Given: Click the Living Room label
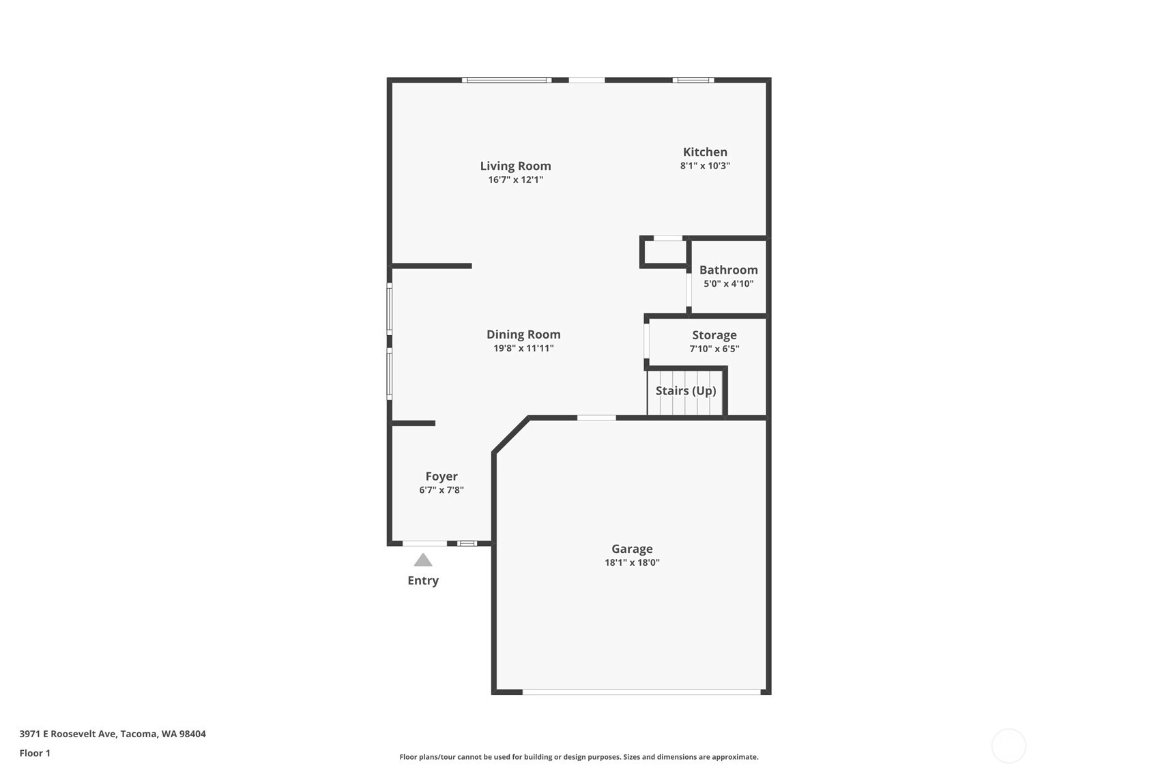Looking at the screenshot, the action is [x=515, y=166].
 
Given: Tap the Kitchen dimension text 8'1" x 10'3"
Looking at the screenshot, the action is [x=705, y=165].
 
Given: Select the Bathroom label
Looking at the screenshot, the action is [x=728, y=270].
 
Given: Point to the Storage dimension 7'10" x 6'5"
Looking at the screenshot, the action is [x=714, y=349].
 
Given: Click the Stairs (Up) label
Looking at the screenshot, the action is [x=686, y=391].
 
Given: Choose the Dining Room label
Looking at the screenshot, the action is [x=523, y=334].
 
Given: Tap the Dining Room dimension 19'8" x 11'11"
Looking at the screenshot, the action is [x=523, y=348].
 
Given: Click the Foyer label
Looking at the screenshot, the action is [x=442, y=476].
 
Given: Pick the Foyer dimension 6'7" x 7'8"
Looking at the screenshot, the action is [x=442, y=489].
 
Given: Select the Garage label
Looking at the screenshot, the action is [x=632, y=549].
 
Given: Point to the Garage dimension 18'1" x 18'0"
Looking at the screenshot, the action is [x=632, y=562].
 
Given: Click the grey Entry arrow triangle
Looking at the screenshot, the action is [x=423, y=560].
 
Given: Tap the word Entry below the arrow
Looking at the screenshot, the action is [x=423, y=581].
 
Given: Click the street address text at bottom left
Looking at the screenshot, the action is [x=113, y=734].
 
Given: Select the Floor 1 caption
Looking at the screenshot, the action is [x=35, y=753].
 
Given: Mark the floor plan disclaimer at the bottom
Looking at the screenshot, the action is [x=579, y=757].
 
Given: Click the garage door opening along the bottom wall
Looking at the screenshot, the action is [x=641, y=692].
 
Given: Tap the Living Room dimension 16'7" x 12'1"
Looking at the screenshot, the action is [x=515, y=180].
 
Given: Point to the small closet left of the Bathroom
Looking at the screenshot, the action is [x=665, y=253].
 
